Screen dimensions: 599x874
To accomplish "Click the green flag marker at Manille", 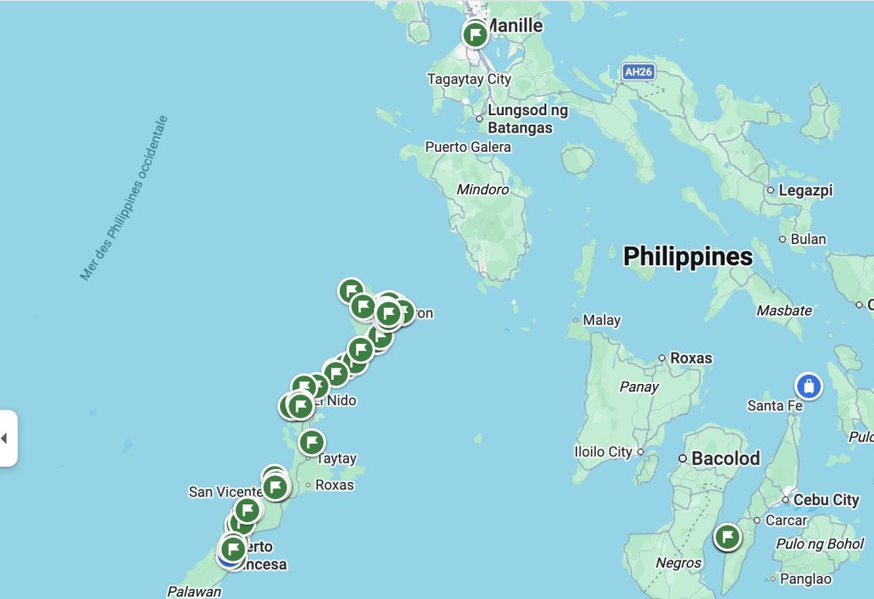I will [475, 35].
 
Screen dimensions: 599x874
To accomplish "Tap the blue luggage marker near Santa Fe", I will [808, 386].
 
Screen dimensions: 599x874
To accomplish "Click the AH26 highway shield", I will [638, 73].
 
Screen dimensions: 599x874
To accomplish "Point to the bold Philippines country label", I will [688, 256].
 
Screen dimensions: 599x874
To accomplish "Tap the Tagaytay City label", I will [469, 79].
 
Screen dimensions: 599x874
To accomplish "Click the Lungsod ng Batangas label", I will [527, 119].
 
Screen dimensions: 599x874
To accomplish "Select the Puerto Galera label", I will [468, 147].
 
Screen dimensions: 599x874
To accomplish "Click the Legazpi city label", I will [805, 190].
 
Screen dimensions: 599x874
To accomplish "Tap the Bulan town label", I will [807, 239].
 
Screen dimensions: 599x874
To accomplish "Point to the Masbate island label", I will [784, 311].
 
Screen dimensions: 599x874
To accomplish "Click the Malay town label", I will [601, 321].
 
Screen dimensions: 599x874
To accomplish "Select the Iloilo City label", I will [603, 452].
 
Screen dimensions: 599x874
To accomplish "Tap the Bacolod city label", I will [725, 458].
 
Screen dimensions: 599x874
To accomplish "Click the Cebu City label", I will [825, 500].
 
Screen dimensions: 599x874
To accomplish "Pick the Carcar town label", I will [785, 520].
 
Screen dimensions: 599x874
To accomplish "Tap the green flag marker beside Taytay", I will [312, 442].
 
